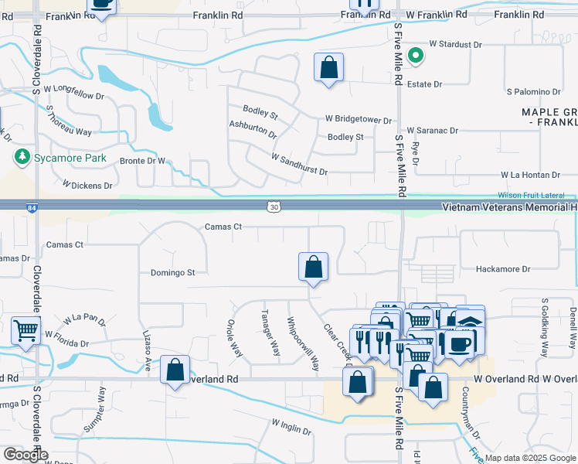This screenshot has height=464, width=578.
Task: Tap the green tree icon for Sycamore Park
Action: pos(22,157)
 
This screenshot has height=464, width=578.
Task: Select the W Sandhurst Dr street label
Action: pos(299,163)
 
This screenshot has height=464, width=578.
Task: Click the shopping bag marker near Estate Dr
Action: pos(329,67)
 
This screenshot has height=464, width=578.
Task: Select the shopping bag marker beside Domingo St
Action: pos(313,267)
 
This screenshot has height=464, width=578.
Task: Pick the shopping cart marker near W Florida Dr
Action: pos(25,331)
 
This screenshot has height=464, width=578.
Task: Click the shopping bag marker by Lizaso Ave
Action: pos(175,369)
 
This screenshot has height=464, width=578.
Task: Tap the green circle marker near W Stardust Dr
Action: pos(415,55)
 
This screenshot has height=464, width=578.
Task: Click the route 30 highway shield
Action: pos(274,206)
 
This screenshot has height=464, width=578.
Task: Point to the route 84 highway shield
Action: pos(30,206)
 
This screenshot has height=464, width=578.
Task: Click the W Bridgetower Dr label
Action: pos(359,120)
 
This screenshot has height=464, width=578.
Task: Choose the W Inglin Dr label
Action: pos(291,426)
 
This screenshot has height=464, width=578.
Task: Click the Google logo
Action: pos(25,455)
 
